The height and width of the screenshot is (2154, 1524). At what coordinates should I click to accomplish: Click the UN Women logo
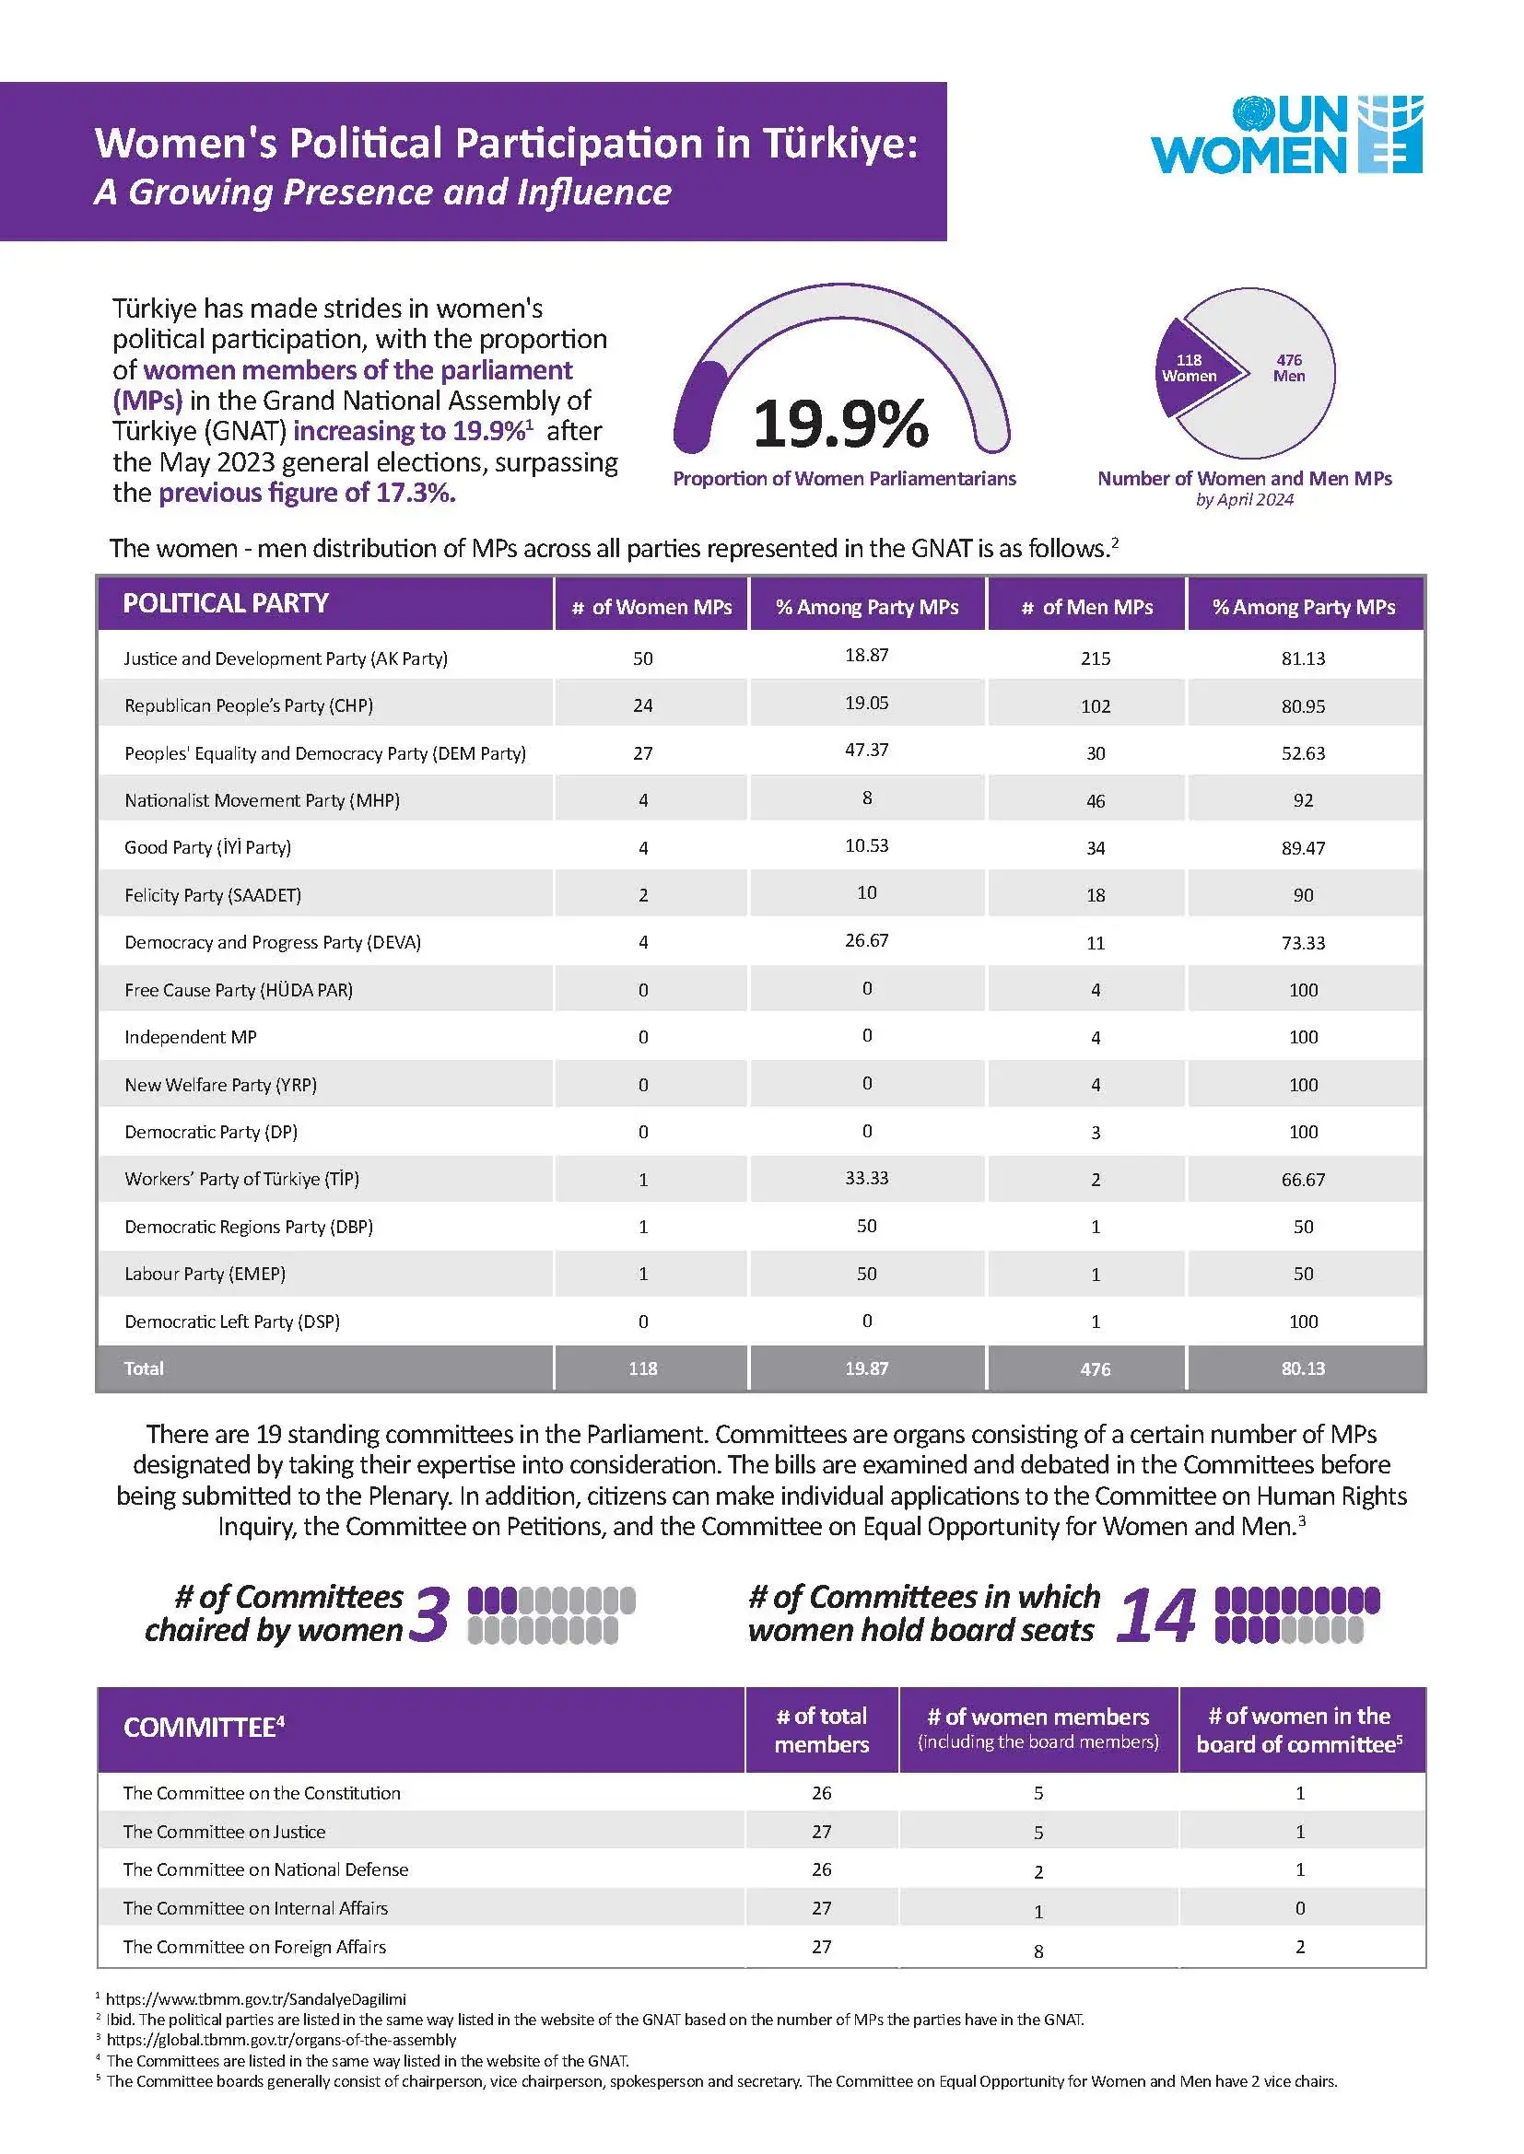click(1285, 136)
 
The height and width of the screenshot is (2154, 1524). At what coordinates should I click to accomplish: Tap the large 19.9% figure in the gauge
click(840, 423)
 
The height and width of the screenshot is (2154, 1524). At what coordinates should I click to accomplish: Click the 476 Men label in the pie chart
click(1288, 367)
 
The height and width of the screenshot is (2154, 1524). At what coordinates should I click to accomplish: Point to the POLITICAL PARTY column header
click(225, 603)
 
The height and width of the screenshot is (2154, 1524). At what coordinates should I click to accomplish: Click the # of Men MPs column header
click(1086, 607)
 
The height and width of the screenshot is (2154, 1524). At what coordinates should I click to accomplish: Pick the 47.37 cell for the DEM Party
click(866, 750)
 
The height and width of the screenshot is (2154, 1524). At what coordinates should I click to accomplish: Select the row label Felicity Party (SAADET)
click(213, 895)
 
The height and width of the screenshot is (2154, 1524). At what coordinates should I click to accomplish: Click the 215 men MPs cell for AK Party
click(1096, 658)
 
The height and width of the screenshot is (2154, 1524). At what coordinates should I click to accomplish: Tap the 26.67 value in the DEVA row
click(866, 940)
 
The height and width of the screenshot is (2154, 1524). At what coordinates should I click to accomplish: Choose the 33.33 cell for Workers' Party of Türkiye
click(866, 1178)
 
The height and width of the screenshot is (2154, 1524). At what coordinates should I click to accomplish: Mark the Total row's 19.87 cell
click(866, 1368)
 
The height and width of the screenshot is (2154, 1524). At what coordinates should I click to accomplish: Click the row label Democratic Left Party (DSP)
click(232, 1321)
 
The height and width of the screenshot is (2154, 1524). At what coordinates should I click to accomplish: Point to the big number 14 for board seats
click(1156, 1615)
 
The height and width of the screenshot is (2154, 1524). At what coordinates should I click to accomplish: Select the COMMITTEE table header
click(204, 1728)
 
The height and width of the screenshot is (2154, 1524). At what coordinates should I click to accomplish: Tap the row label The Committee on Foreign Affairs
click(254, 1947)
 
